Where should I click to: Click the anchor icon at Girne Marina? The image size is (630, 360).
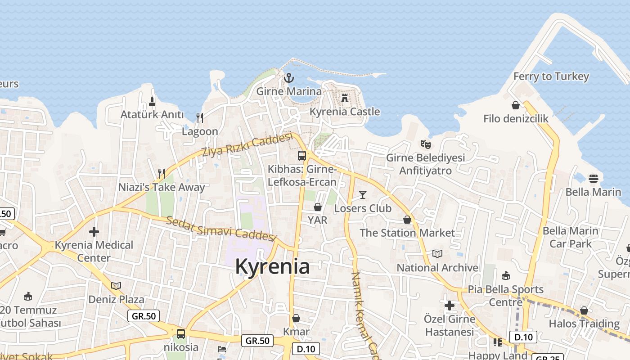[x=288, y=78]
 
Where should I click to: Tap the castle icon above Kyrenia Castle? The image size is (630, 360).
[x=345, y=98]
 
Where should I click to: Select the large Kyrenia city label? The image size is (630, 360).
[x=272, y=266]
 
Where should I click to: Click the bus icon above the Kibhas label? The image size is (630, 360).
[x=302, y=156]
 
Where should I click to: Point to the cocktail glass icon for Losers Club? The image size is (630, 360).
[x=363, y=195]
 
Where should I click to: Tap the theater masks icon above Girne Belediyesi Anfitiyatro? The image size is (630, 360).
[x=425, y=144]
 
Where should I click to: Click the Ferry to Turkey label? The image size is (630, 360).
[x=551, y=76]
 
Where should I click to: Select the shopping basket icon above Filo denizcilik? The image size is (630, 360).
[x=516, y=105]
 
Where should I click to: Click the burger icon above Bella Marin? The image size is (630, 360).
[x=593, y=178]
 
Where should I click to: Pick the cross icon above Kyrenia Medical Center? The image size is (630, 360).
[x=94, y=232]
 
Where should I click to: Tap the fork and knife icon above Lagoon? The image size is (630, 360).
[x=200, y=118]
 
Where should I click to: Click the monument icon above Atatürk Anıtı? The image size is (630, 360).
[x=152, y=101]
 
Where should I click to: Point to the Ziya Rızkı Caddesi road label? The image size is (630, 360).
[x=247, y=145]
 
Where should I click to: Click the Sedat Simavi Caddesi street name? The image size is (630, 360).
[x=220, y=228]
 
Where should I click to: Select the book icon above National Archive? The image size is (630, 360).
[x=437, y=254]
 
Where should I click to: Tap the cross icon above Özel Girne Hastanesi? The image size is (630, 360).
[x=449, y=306]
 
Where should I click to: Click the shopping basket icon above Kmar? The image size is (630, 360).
[x=296, y=318]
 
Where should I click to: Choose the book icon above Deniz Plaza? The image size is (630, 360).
[x=116, y=286]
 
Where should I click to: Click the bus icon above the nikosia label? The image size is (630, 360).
[x=181, y=333]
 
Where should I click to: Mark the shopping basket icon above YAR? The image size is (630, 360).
[x=318, y=207]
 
